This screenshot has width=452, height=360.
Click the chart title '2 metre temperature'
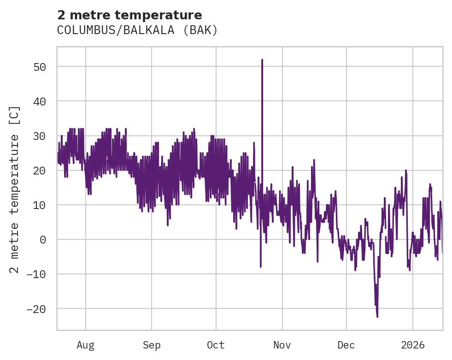pos(129,15)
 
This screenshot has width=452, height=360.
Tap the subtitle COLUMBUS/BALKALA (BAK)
pos(137,30)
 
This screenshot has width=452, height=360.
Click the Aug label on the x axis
pos(86,345)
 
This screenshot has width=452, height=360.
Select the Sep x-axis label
pos(151,345)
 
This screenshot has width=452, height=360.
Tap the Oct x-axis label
pos(216,345)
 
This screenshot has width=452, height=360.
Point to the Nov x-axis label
pos(282,345)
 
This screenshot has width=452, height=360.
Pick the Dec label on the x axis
pos(346,345)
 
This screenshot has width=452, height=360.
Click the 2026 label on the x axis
pos(412,345)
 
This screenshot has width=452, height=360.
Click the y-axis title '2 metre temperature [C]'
pos(15,190)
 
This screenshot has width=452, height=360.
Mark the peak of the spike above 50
pos(262,60)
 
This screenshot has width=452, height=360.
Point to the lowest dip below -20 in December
pos(377,317)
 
